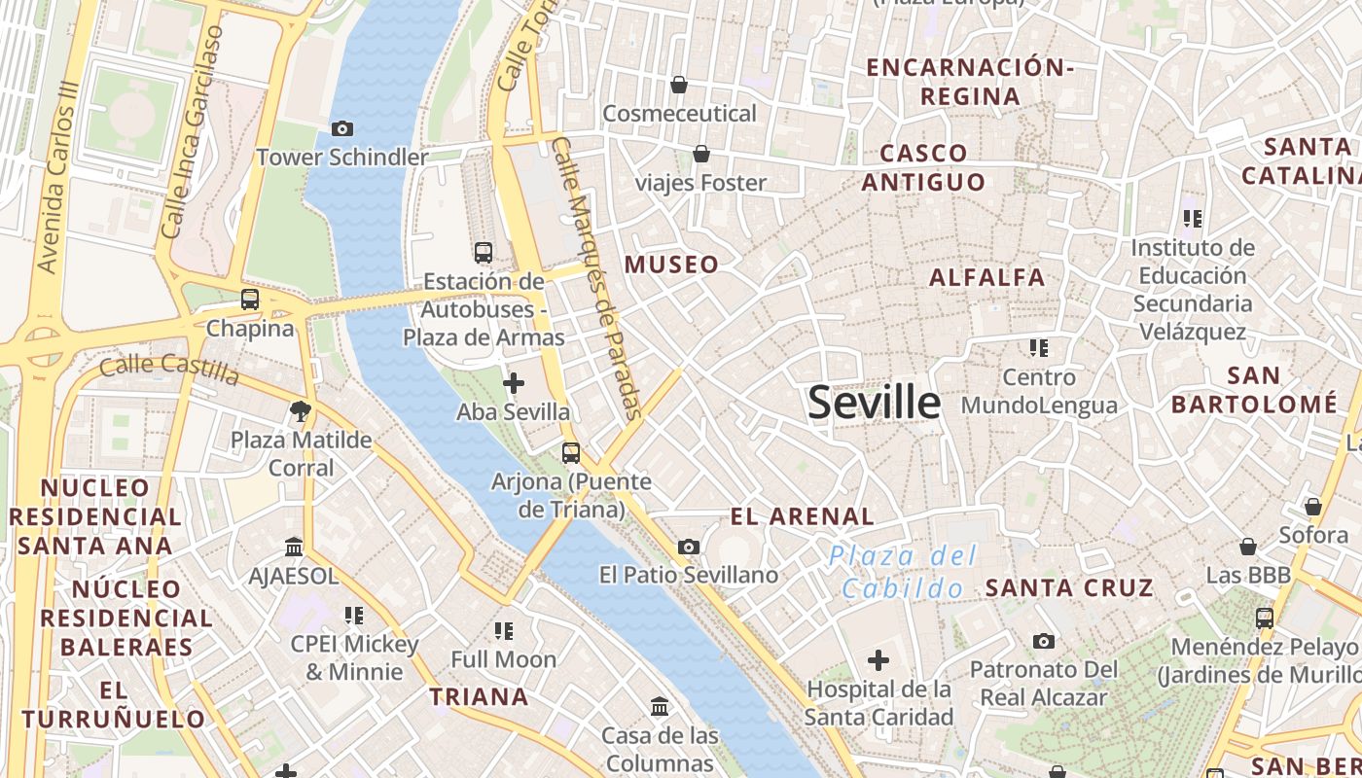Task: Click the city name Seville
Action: click(874, 403)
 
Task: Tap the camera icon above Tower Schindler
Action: click(341, 128)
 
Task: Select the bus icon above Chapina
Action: click(250, 300)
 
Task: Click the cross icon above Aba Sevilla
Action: click(513, 383)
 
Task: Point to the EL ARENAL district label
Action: click(803, 516)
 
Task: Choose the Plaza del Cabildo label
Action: click(903, 572)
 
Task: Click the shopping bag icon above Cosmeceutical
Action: click(679, 86)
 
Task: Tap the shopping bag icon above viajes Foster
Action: click(700, 154)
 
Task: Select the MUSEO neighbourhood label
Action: click(671, 265)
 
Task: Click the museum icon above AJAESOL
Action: click(294, 548)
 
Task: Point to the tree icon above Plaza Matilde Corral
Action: click(301, 411)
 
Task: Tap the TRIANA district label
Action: click(480, 696)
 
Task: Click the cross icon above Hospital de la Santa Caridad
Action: click(878, 661)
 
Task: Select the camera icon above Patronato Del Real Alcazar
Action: click(1043, 641)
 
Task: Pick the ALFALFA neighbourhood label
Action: click(986, 277)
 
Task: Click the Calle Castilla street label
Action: click(169, 369)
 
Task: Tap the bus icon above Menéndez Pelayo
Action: click(1264, 618)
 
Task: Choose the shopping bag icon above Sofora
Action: click(1312, 507)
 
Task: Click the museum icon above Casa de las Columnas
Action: click(660, 706)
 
